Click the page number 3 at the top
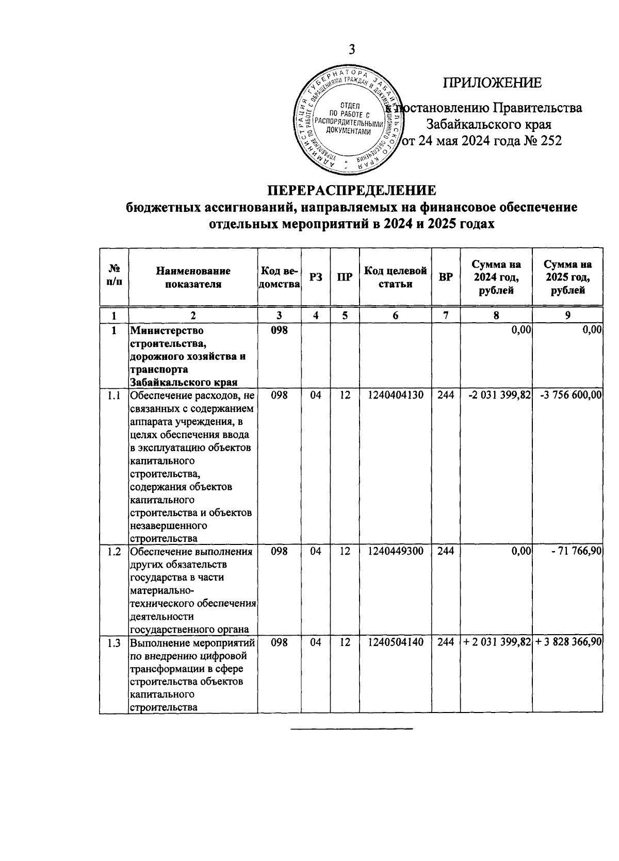pos(352,50)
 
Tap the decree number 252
pos(550,140)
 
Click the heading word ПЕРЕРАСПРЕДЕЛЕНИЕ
pos(351,190)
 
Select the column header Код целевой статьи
pos(395,277)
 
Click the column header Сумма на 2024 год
pos(496,277)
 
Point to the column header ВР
pos(445,277)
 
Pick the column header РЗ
pos(316,277)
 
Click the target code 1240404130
pos(395,395)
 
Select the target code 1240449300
pos(395,551)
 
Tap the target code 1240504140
pos(395,642)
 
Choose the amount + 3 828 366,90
pos(568,642)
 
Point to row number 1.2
pos(113,551)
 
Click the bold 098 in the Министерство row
pos(279,330)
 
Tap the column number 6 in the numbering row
pos(395,316)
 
